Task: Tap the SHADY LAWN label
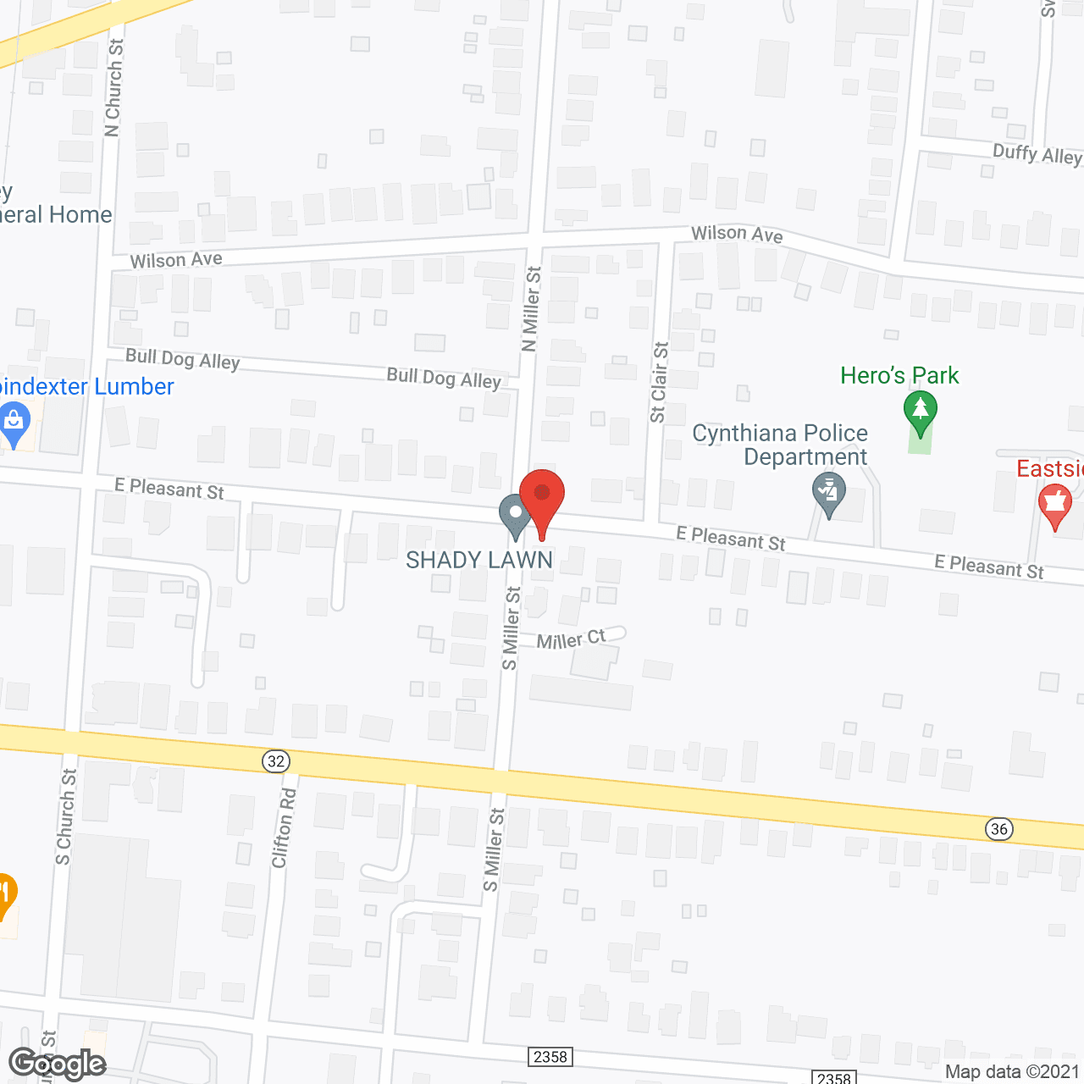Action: coord(479,560)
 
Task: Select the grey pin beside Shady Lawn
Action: coord(515,514)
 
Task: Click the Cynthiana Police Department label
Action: coord(781,445)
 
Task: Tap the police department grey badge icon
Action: coord(829,493)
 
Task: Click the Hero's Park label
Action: coord(899,375)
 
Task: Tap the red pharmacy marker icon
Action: coord(1055,505)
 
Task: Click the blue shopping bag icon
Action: coord(14,421)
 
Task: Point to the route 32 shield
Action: coord(276,761)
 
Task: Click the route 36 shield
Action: coord(999,828)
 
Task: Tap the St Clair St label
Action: coord(659,382)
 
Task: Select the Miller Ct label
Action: coord(572,639)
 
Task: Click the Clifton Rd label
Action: coord(284,828)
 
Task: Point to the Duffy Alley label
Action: coord(1037,154)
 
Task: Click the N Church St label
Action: coord(113,87)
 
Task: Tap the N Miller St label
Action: coord(531,309)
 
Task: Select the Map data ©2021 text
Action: coord(1012,1072)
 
